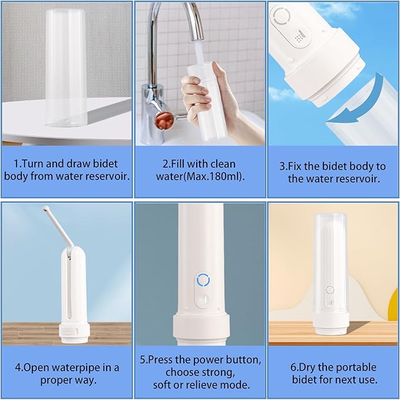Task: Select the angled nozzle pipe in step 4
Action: tap(57, 227)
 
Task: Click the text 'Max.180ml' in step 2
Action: tap(211, 176)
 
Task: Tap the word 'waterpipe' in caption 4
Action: tap(78, 367)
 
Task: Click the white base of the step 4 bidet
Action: tap(73, 333)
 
